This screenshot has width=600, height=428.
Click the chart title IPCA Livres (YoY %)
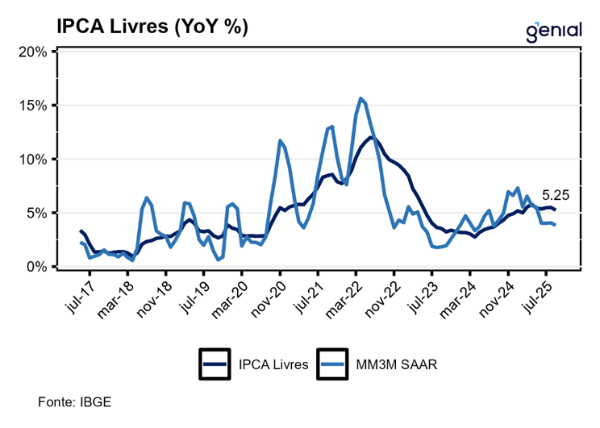(x=152, y=26)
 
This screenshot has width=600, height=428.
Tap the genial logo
(x=553, y=30)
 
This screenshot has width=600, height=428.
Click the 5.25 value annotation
(x=555, y=194)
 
